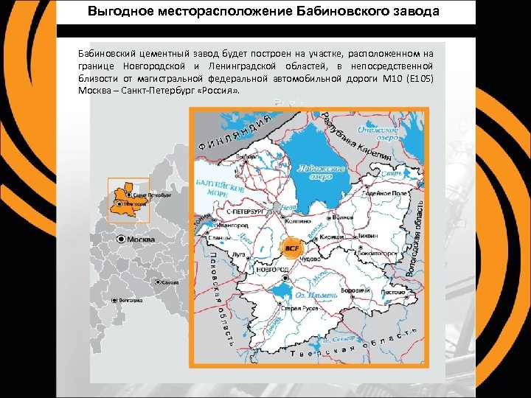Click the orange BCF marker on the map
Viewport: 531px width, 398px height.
tap(290, 248)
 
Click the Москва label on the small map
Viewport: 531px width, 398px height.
tap(141, 240)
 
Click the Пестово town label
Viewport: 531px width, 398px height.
tap(395, 293)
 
